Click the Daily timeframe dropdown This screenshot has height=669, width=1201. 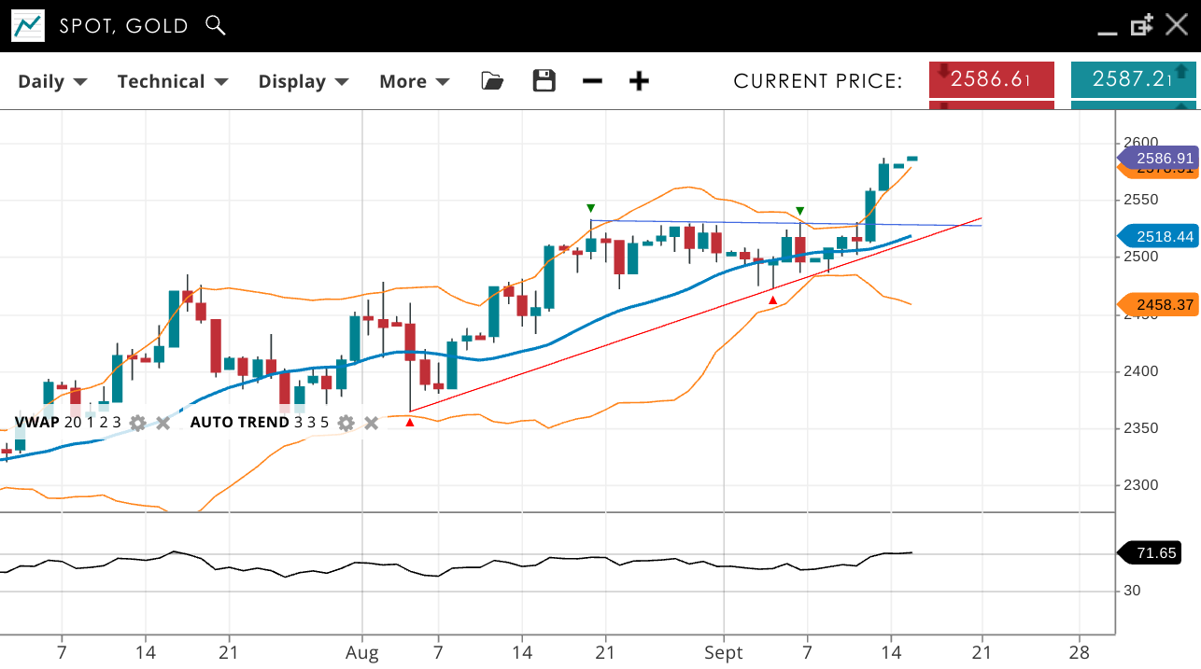pos(52,81)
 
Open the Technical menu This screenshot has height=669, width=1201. pos(173,81)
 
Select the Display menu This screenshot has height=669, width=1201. pos(304,81)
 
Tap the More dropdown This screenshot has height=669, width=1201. pos(414,81)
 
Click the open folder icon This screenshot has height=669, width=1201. pos(492,81)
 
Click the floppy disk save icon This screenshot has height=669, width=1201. pos(544,81)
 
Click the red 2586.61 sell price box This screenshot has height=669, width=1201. pos(992,79)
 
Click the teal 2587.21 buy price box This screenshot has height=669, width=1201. pos(1133,79)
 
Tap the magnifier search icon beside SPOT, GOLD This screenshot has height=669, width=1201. pos(216,25)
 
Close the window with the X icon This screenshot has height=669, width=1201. pos(1177,25)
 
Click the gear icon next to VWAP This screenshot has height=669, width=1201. pos(138,423)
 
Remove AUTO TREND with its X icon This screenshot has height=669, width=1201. pos(371,423)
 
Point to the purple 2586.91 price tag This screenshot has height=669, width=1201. pos(1158,159)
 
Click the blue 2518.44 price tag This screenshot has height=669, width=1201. pos(1158,237)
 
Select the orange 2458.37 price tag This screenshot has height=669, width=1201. pos(1158,304)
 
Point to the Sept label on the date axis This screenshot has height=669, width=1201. pos(724,652)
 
